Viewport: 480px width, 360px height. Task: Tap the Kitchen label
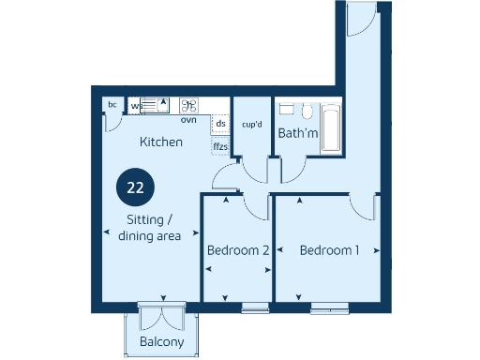click(160, 142)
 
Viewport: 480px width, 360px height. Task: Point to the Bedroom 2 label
click(238, 251)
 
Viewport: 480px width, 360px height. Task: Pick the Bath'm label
click(298, 134)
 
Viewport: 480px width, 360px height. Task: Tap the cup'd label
click(251, 124)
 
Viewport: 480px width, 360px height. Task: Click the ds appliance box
click(220, 124)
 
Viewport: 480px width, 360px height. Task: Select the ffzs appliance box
click(220, 146)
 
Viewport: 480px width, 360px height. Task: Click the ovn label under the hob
click(188, 119)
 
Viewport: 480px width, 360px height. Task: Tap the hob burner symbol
click(188, 106)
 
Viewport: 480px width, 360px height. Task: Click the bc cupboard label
click(112, 104)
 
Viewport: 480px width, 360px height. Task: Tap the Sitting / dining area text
click(149, 228)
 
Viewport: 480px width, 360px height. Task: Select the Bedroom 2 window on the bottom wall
click(255, 307)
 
